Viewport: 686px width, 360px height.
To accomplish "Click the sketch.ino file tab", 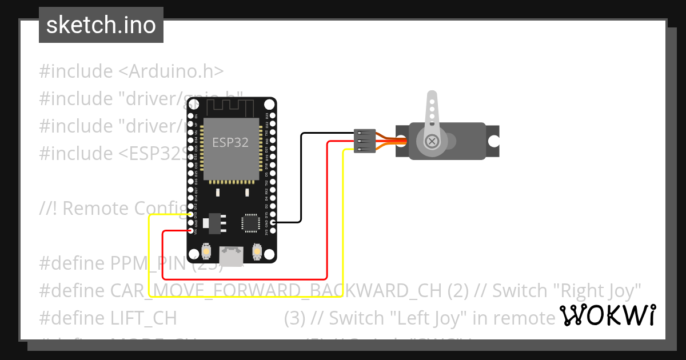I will click(101, 25).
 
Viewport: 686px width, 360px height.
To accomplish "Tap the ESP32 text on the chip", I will click(230, 142).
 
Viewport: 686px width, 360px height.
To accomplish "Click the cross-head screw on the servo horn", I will click(433, 140).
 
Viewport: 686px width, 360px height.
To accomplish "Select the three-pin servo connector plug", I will click(365, 141).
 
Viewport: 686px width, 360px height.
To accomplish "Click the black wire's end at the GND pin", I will click(273, 222).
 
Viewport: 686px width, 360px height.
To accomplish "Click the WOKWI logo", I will click(607, 315).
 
